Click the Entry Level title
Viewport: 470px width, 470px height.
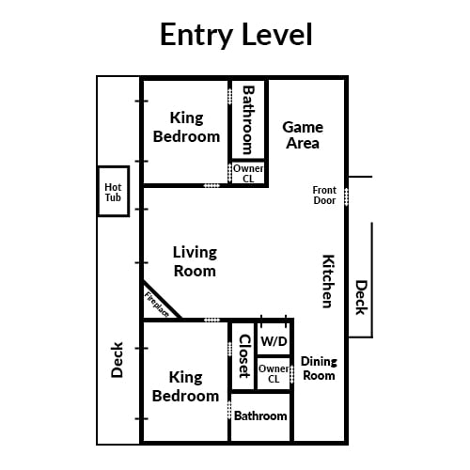[236, 35]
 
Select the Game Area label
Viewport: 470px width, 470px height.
[303, 135]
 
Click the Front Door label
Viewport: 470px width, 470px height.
[324, 196]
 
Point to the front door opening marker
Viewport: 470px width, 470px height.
[346, 196]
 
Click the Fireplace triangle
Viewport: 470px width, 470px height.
[158, 303]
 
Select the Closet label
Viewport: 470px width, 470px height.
[244, 356]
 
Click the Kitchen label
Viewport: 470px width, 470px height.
[329, 281]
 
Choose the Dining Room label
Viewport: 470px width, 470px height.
[319, 368]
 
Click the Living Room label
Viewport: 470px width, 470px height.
[195, 261]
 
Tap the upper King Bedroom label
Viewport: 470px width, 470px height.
[186, 127]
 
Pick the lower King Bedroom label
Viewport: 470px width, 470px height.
[185, 386]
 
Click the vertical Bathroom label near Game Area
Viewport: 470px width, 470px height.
[248, 120]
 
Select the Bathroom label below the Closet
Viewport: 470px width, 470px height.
[260, 415]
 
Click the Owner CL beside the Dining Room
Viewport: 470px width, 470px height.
[274, 373]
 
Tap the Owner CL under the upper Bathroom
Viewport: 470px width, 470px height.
[248, 173]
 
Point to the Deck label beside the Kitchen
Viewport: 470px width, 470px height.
[361, 297]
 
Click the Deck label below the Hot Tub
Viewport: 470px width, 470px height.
[117, 360]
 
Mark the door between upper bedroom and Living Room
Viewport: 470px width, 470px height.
[211, 185]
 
